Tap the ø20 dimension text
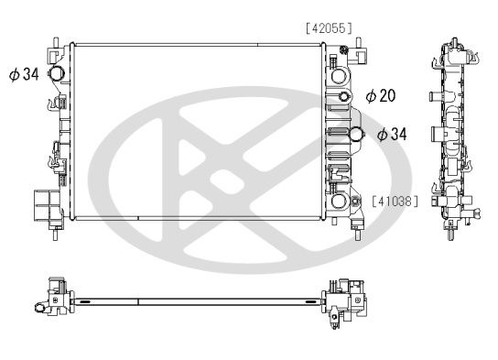click(x=381, y=95)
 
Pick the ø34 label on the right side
click(x=392, y=135)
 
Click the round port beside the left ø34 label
click(x=57, y=75)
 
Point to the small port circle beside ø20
click(x=344, y=97)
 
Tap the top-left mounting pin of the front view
click(x=58, y=41)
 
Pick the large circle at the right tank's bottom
click(x=340, y=202)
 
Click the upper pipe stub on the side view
click(x=432, y=94)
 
